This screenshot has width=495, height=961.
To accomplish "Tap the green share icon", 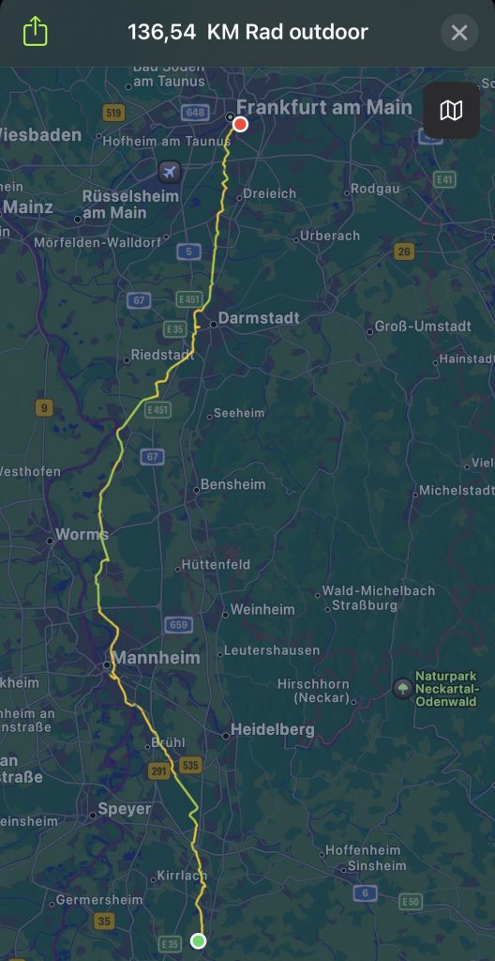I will tap(35, 33).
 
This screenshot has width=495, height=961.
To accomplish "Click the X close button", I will tap(459, 33).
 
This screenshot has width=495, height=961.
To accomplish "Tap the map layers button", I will tap(451, 111).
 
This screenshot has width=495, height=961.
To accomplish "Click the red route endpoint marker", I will tap(240, 124).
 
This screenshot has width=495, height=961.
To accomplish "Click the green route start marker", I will tap(199, 940).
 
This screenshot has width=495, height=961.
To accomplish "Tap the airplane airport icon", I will tap(169, 172).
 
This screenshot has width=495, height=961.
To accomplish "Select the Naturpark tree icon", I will tap(402, 688).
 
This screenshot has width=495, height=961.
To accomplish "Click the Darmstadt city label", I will tap(259, 318).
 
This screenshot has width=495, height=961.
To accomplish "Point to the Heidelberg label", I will tap(274, 729).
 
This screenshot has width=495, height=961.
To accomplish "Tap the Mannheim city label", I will tap(156, 658).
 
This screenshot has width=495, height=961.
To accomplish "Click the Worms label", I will tap(82, 534).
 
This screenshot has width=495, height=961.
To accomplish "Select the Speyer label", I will tap(125, 809).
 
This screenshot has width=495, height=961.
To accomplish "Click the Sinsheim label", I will tap(376, 865).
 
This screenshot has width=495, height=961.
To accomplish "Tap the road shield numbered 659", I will tap(178, 624).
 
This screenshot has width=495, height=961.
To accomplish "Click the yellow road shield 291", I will tap(158, 770).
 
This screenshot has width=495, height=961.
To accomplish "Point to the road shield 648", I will tap(195, 113).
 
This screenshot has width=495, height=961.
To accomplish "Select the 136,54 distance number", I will tap(161, 33).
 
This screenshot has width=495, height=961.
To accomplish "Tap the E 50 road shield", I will tap(410, 902).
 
